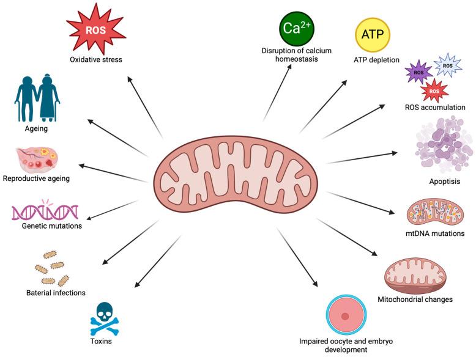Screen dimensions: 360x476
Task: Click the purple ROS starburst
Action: coord(420,72)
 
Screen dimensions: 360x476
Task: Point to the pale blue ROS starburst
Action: coord(448,64)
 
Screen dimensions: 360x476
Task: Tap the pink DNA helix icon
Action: coord(45,211)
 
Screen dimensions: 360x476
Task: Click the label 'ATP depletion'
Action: coord(376,60)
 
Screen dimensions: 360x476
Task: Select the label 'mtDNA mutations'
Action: coord(437,233)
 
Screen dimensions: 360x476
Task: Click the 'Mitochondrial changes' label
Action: coord(424,299)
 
